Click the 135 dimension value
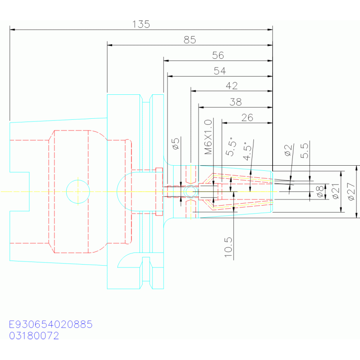[x=141, y=24]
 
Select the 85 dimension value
[x=189, y=40]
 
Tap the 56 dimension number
[x=218, y=55]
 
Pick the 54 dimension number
[x=220, y=71]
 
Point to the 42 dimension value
[x=231, y=86]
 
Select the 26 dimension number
[x=247, y=117]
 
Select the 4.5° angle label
[x=248, y=152]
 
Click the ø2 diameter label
[x=288, y=151]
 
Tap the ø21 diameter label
[x=335, y=191]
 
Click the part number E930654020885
[x=51, y=324]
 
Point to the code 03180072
[x=34, y=336]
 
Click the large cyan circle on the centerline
[x=78, y=191]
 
